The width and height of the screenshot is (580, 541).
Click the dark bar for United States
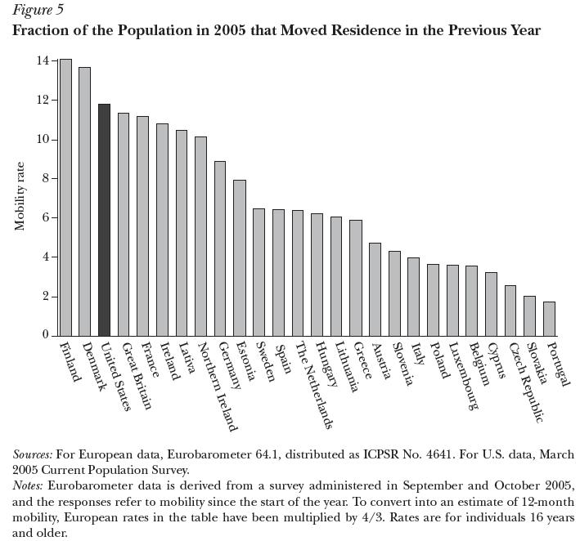click(104, 220)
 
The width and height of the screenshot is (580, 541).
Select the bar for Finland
click(65, 197)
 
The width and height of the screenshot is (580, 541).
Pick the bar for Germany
click(220, 248)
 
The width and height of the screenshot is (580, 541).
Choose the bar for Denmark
click(84, 201)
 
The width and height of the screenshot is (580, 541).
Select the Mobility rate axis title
click(21, 197)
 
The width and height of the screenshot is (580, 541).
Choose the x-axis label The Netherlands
click(316, 385)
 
